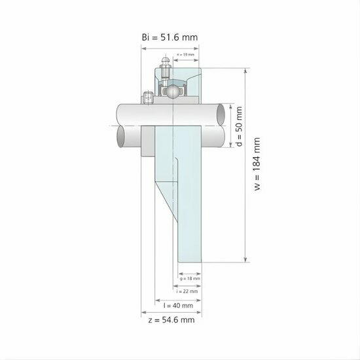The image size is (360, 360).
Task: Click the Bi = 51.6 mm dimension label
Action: pyautogui.click(x=170, y=37)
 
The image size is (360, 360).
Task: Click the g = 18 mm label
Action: pyautogui.click(x=190, y=278)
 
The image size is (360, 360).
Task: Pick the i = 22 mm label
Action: pyautogui.click(x=190, y=291)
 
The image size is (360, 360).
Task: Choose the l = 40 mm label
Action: pyautogui.click(x=177, y=305)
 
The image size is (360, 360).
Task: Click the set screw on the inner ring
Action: pyautogui.click(x=147, y=98)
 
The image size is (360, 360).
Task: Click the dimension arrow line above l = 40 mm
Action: pyautogui.click(x=177, y=298)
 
